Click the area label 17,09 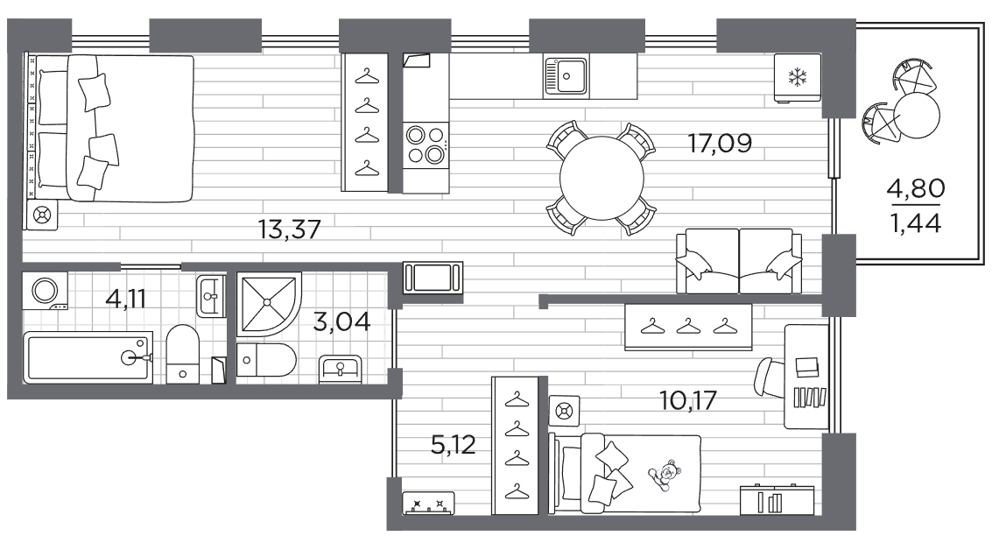pos(720,144)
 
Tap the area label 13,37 pos(290,229)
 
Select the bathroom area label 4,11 pos(126,298)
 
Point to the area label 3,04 pos(341,321)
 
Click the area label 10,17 pos(687,400)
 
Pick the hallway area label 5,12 pos(453,445)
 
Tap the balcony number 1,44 pos(916,222)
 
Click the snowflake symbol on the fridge pos(797,78)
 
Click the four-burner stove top pos(426,145)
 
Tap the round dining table pos(602,178)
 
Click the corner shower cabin pos(269,305)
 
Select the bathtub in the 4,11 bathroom pos(88,357)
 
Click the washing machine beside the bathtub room pos(45,291)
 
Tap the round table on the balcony pos(917,116)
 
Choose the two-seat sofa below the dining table pos(739,261)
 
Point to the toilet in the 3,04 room pos(266,360)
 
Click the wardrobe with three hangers pos(688,327)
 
